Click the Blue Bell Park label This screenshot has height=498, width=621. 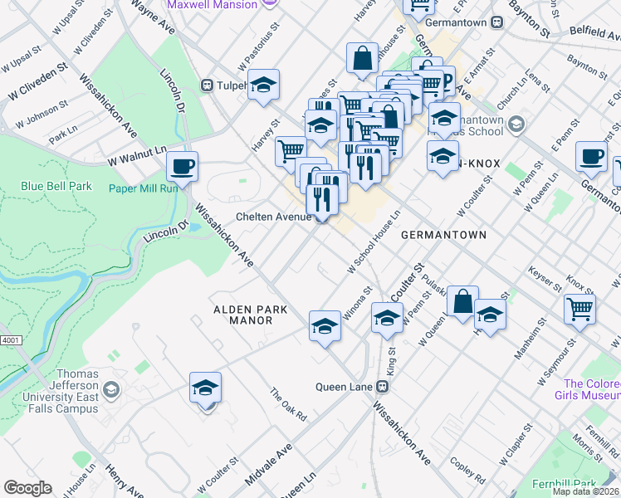tap(57, 186)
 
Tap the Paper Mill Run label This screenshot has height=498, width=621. tap(144, 188)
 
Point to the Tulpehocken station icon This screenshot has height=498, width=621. tap(208, 85)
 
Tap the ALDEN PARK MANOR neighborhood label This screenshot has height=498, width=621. tap(251, 315)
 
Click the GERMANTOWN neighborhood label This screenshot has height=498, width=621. tap(443, 235)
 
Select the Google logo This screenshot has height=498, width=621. tap(27, 488)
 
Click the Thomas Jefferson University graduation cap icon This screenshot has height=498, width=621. tap(112, 390)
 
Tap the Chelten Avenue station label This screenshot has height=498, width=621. tap(273, 217)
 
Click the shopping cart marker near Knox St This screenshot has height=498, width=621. tap(579, 309)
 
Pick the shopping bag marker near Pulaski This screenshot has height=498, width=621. tap(463, 302)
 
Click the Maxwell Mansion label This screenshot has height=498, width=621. tap(212, 4)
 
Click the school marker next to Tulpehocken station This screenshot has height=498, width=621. tap(263, 85)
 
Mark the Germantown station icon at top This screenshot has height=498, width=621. tap(496, 22)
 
